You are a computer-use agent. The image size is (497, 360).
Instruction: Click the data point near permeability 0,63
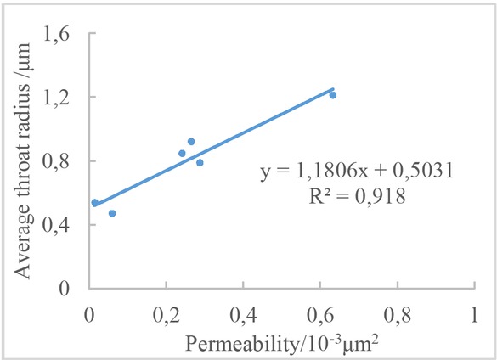pyautogui.click(x=333, y=95)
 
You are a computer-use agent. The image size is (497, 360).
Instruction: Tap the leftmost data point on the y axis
pyautogui.click(x=95, y=203)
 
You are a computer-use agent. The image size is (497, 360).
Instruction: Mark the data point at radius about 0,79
pyautogui.click(x=200, y=163)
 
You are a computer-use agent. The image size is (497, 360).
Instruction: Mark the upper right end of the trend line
pyautogui.click(x=333, y=87)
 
